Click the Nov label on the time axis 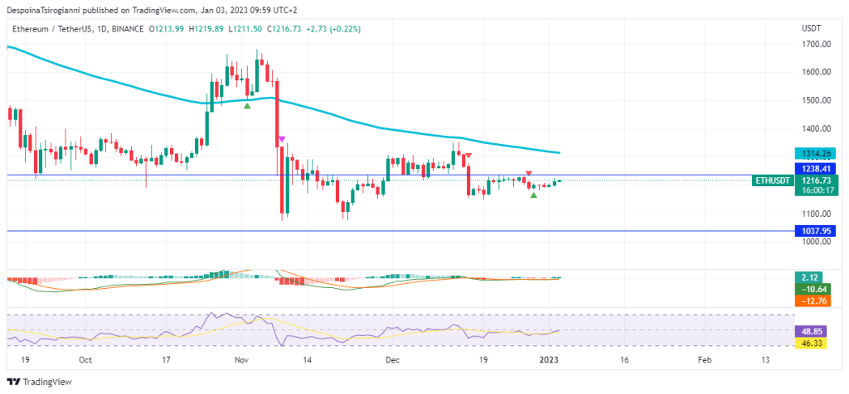[242, 360]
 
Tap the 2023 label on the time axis [550, 360]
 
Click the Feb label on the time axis [704, 360]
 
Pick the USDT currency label [811, 28]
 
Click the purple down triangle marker [282, 138]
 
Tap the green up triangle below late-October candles [247, 105]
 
